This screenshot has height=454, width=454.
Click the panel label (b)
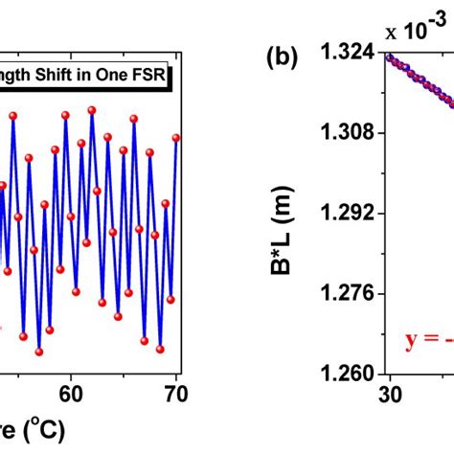click(283, 57)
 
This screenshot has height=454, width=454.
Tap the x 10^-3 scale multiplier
click(407, 31)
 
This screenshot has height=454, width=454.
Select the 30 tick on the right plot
click(389, 395)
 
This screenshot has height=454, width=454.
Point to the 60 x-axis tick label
click(70, 395)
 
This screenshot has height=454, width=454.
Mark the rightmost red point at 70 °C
click(177, 137)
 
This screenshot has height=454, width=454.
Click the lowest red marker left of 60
click(39, 352)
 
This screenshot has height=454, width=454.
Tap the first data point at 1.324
click(390, 57)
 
